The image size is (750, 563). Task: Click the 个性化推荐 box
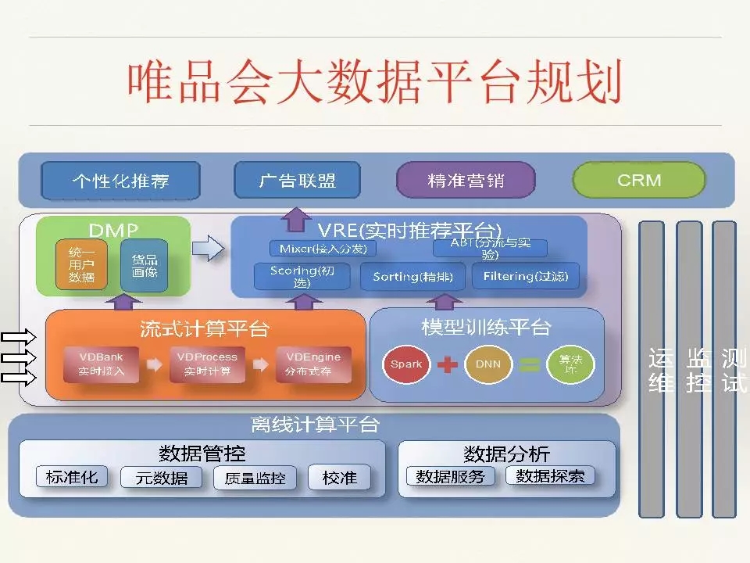pos(120,181)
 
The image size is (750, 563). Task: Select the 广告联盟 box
pos(297,181)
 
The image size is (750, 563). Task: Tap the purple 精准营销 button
pos(466,181)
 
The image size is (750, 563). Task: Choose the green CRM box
pos(638,181)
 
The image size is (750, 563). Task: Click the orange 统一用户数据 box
pos(81,266)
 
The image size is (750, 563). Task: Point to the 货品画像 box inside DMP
pos(145,266)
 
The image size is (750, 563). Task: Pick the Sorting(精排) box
pos(412,277)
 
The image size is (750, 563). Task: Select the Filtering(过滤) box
pos(525,277)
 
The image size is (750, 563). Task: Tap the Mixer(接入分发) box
pos(323,249)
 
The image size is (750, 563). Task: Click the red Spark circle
pos(406,364)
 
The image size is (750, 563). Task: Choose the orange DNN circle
pos(488,364)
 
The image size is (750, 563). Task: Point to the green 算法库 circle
pos(570,364)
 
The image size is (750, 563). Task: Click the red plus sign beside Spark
pos(447,364)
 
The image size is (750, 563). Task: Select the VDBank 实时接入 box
pos(101,364)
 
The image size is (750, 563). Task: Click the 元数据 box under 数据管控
pos(162,478)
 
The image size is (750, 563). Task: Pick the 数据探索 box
pos(550,476)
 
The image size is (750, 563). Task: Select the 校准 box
pos(339,478)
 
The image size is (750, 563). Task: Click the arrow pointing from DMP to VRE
pos(207,250)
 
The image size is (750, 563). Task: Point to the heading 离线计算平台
pos(315,425)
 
